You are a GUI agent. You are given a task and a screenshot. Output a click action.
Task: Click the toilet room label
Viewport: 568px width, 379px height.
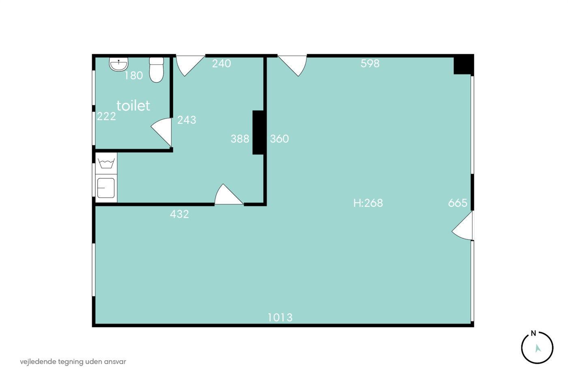coord(133,106)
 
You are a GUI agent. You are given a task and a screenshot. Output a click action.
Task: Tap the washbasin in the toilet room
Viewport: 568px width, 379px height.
coord(118,64)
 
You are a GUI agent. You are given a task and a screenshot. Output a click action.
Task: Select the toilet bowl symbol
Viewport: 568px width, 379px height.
coord(156,70)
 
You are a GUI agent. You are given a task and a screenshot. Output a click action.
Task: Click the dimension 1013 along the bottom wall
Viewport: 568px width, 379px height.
coord(280,317)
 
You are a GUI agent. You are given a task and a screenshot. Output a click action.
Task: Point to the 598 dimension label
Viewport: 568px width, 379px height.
coord(370,63)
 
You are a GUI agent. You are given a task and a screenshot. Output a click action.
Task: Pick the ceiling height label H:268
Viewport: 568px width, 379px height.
coord(368,203)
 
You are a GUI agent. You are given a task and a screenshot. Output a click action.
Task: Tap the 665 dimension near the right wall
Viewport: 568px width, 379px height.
coord(458,203)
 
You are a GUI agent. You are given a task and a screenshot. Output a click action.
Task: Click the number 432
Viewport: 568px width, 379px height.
coord(179,214)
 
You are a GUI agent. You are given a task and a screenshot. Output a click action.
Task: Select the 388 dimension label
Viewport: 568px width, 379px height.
coord(240,139)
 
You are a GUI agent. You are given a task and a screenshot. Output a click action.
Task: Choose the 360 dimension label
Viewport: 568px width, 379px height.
coord(279,139)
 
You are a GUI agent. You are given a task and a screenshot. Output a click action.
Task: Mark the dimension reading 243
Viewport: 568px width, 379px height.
coord(187,120)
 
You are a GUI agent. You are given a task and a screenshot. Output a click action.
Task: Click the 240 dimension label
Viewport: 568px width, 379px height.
coord(222,63)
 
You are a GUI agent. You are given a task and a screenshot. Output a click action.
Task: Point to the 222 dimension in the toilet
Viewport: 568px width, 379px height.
coord(106,117)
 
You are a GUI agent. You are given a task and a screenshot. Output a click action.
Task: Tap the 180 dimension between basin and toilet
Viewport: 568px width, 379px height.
coord(133,76)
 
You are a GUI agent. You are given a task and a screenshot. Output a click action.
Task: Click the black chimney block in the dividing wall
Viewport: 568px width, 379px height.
coord(258,132)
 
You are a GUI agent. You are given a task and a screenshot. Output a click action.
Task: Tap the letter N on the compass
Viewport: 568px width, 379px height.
coord(534,334)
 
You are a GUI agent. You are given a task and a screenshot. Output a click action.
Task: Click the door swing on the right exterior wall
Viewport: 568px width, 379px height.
coord(462,225)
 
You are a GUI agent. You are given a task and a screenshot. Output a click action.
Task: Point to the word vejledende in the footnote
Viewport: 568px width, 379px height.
coord(38,362)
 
